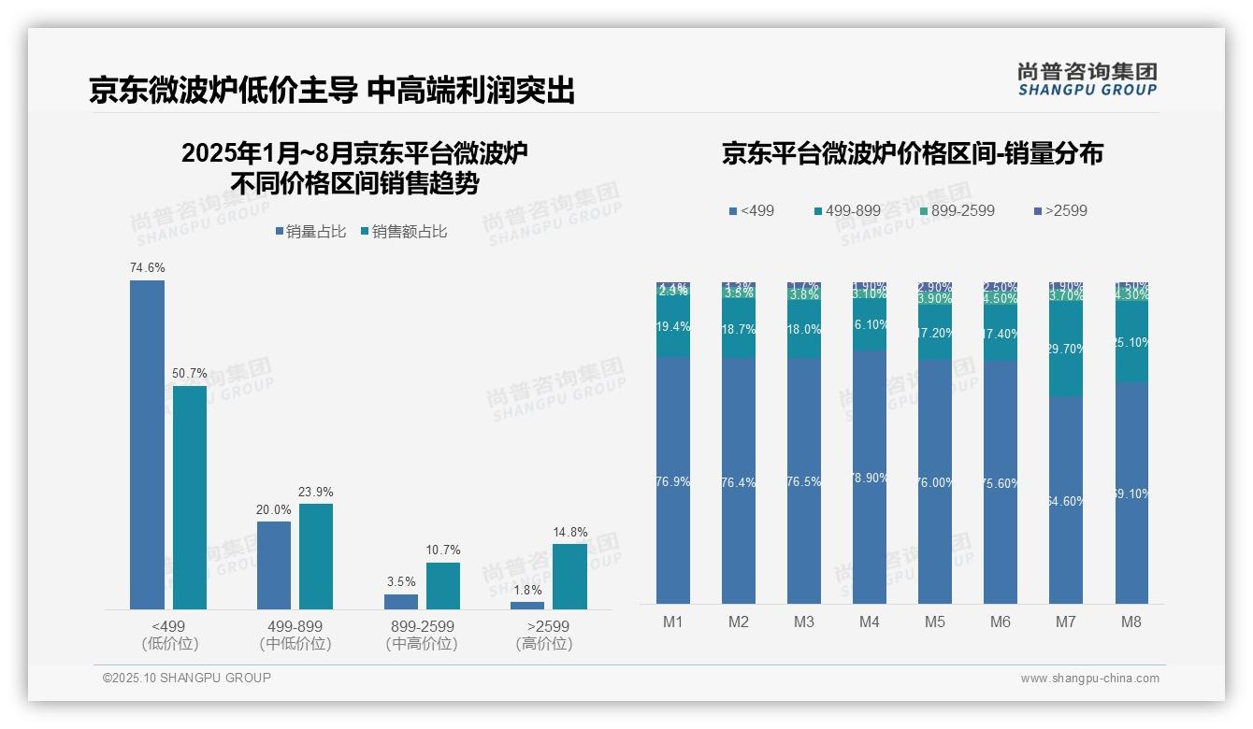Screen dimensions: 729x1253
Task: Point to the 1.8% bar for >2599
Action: [527, 606]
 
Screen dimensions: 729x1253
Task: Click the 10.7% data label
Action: [442, 550]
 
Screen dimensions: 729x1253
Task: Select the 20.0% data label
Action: [273, 509]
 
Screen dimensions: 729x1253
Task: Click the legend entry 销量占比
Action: [310, 232]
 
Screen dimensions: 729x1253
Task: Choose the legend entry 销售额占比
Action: [403, 232]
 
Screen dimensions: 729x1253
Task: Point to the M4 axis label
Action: [870, 622]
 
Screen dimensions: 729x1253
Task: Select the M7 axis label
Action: [1066, 622]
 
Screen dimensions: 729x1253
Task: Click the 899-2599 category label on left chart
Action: [422, 626]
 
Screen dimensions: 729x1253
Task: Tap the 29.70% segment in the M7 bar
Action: [1066, 349]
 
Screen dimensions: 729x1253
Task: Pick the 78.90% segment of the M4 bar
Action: [870, 477]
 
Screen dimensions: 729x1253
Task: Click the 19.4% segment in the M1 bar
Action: [673, 327]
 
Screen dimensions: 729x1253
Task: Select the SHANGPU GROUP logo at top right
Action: [1087, 79]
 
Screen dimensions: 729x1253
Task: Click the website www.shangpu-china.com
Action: [1089, 679]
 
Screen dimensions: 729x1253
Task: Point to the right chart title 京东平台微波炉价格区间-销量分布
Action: [912, 153]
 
